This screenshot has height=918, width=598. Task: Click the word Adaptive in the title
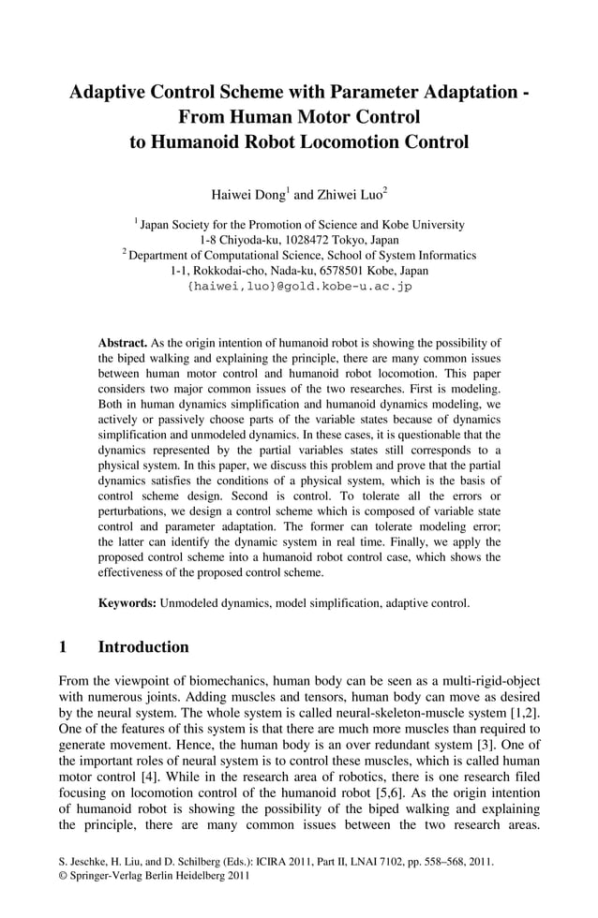[115, 93]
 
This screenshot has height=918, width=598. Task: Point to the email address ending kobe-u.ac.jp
[299, 286]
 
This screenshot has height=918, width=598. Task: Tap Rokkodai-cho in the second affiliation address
[232, 270]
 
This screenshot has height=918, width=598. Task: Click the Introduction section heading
[143, 647]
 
